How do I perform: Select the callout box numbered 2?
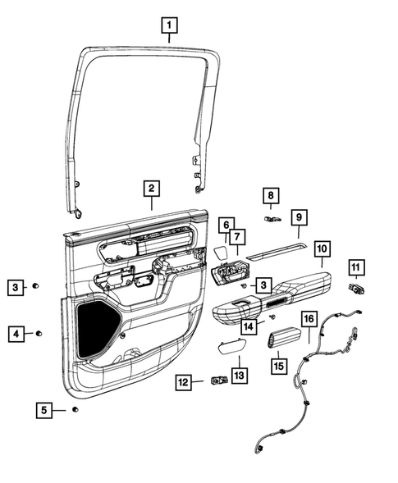(150, 188)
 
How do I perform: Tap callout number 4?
(16, 334)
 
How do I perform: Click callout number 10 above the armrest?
(321, 247)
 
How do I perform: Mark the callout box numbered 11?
(355, 267)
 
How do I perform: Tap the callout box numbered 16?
(309, 319)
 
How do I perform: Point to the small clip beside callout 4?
(39, 334)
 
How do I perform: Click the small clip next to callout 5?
(75, 408)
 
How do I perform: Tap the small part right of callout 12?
(218, 380)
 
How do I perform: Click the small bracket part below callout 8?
(272, 218)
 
